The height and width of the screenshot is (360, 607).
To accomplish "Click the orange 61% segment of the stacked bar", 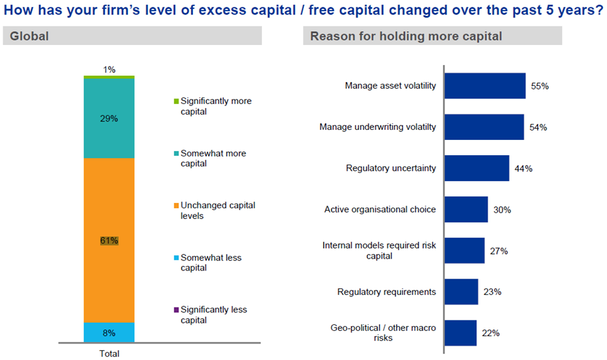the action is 109,240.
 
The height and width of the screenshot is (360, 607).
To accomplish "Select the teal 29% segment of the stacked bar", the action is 109,118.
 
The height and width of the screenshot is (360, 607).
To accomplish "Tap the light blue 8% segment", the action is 109,333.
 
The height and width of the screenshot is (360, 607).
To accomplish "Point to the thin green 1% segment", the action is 109,77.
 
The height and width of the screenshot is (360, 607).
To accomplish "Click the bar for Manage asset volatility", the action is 485,86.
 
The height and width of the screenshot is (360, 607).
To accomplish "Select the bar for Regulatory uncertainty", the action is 477,168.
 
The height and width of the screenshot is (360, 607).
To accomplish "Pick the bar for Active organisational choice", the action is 466,210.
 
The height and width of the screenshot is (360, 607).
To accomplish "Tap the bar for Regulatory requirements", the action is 462,292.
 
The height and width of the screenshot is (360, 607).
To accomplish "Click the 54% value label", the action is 538,127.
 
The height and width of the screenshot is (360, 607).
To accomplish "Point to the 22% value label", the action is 490,333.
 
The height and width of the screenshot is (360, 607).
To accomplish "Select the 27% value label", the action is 499,251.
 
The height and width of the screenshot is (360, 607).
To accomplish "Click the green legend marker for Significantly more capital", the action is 176,101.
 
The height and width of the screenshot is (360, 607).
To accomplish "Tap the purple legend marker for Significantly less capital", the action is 176,310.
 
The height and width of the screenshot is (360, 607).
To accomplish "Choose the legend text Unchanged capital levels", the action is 218,210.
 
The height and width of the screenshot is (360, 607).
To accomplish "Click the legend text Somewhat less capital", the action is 211,263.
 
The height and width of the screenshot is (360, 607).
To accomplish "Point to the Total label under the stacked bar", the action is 109,353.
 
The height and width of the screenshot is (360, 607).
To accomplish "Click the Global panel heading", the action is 29,36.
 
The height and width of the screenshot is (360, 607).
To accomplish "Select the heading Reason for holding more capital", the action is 406,36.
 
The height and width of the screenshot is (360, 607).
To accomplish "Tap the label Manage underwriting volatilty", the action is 377,127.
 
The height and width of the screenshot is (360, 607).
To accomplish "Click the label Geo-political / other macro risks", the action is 383,333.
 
